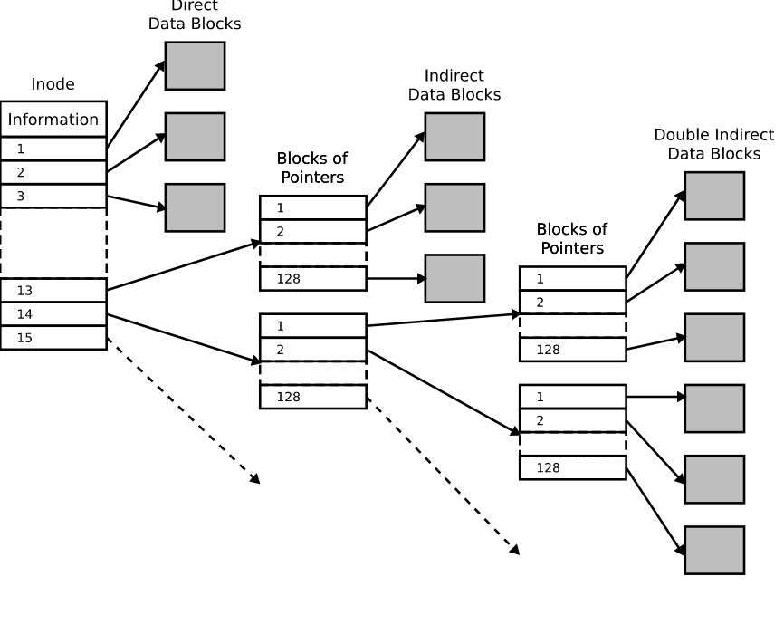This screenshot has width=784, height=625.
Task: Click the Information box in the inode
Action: pos(53,119)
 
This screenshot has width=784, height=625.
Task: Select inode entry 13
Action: pos(53,290)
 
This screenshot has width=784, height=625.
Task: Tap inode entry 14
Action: pos(53,313)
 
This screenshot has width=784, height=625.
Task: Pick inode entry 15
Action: pos(53,338)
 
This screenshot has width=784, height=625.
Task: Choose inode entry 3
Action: pos(53,197)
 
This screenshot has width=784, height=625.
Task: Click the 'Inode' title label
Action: pos(53,84)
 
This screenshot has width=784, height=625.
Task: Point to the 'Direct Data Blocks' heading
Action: pos(195,15)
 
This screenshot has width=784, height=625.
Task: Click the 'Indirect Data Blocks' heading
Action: pos(454,85)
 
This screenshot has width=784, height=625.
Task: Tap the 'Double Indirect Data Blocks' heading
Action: pos(714,144)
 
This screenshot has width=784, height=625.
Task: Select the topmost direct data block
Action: pos(195,66)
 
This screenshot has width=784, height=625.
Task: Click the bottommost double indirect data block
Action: pos(714,550)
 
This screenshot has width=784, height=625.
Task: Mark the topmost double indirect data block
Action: pos(714,196)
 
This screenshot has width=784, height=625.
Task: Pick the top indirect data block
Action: pos(454,137)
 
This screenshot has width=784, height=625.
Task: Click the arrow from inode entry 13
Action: pos(184,265)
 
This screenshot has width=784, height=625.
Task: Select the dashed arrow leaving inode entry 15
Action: pos(184,411)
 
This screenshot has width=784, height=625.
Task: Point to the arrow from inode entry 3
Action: pos(137,202)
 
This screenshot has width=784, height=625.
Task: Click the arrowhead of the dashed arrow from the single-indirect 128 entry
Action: pos(514,550)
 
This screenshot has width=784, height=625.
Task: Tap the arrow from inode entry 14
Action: pos(184,338)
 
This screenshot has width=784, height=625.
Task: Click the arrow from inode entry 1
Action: pos(136,104)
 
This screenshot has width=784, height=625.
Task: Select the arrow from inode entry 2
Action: pos(136,152)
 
